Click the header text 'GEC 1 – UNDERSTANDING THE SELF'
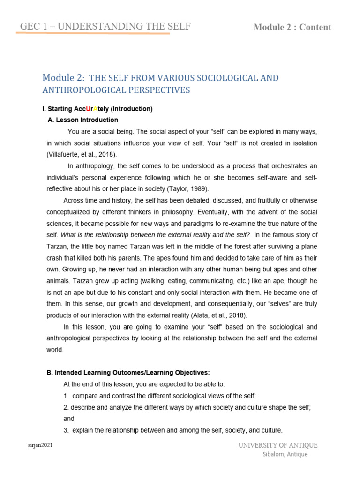point(104,26)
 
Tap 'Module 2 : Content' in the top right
point(292,27)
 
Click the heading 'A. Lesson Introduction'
point(83,120)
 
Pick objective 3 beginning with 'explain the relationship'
point(173,430)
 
